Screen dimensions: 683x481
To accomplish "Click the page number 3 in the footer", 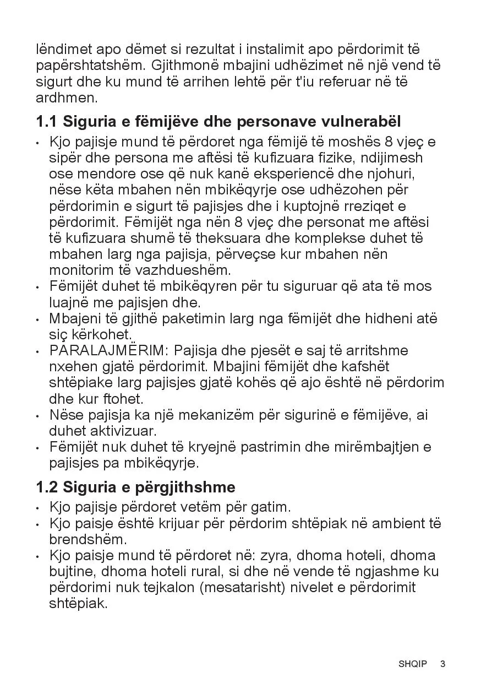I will pyautogui.click(x=443, y=664).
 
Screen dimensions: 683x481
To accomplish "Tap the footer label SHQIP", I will pyautogui.click(x=413, y=664).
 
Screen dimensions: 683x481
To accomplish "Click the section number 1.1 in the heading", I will pyautogui.click(x=47, y=121).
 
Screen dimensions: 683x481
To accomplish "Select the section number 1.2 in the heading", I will pyautogui.click(x=47, y=487).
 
